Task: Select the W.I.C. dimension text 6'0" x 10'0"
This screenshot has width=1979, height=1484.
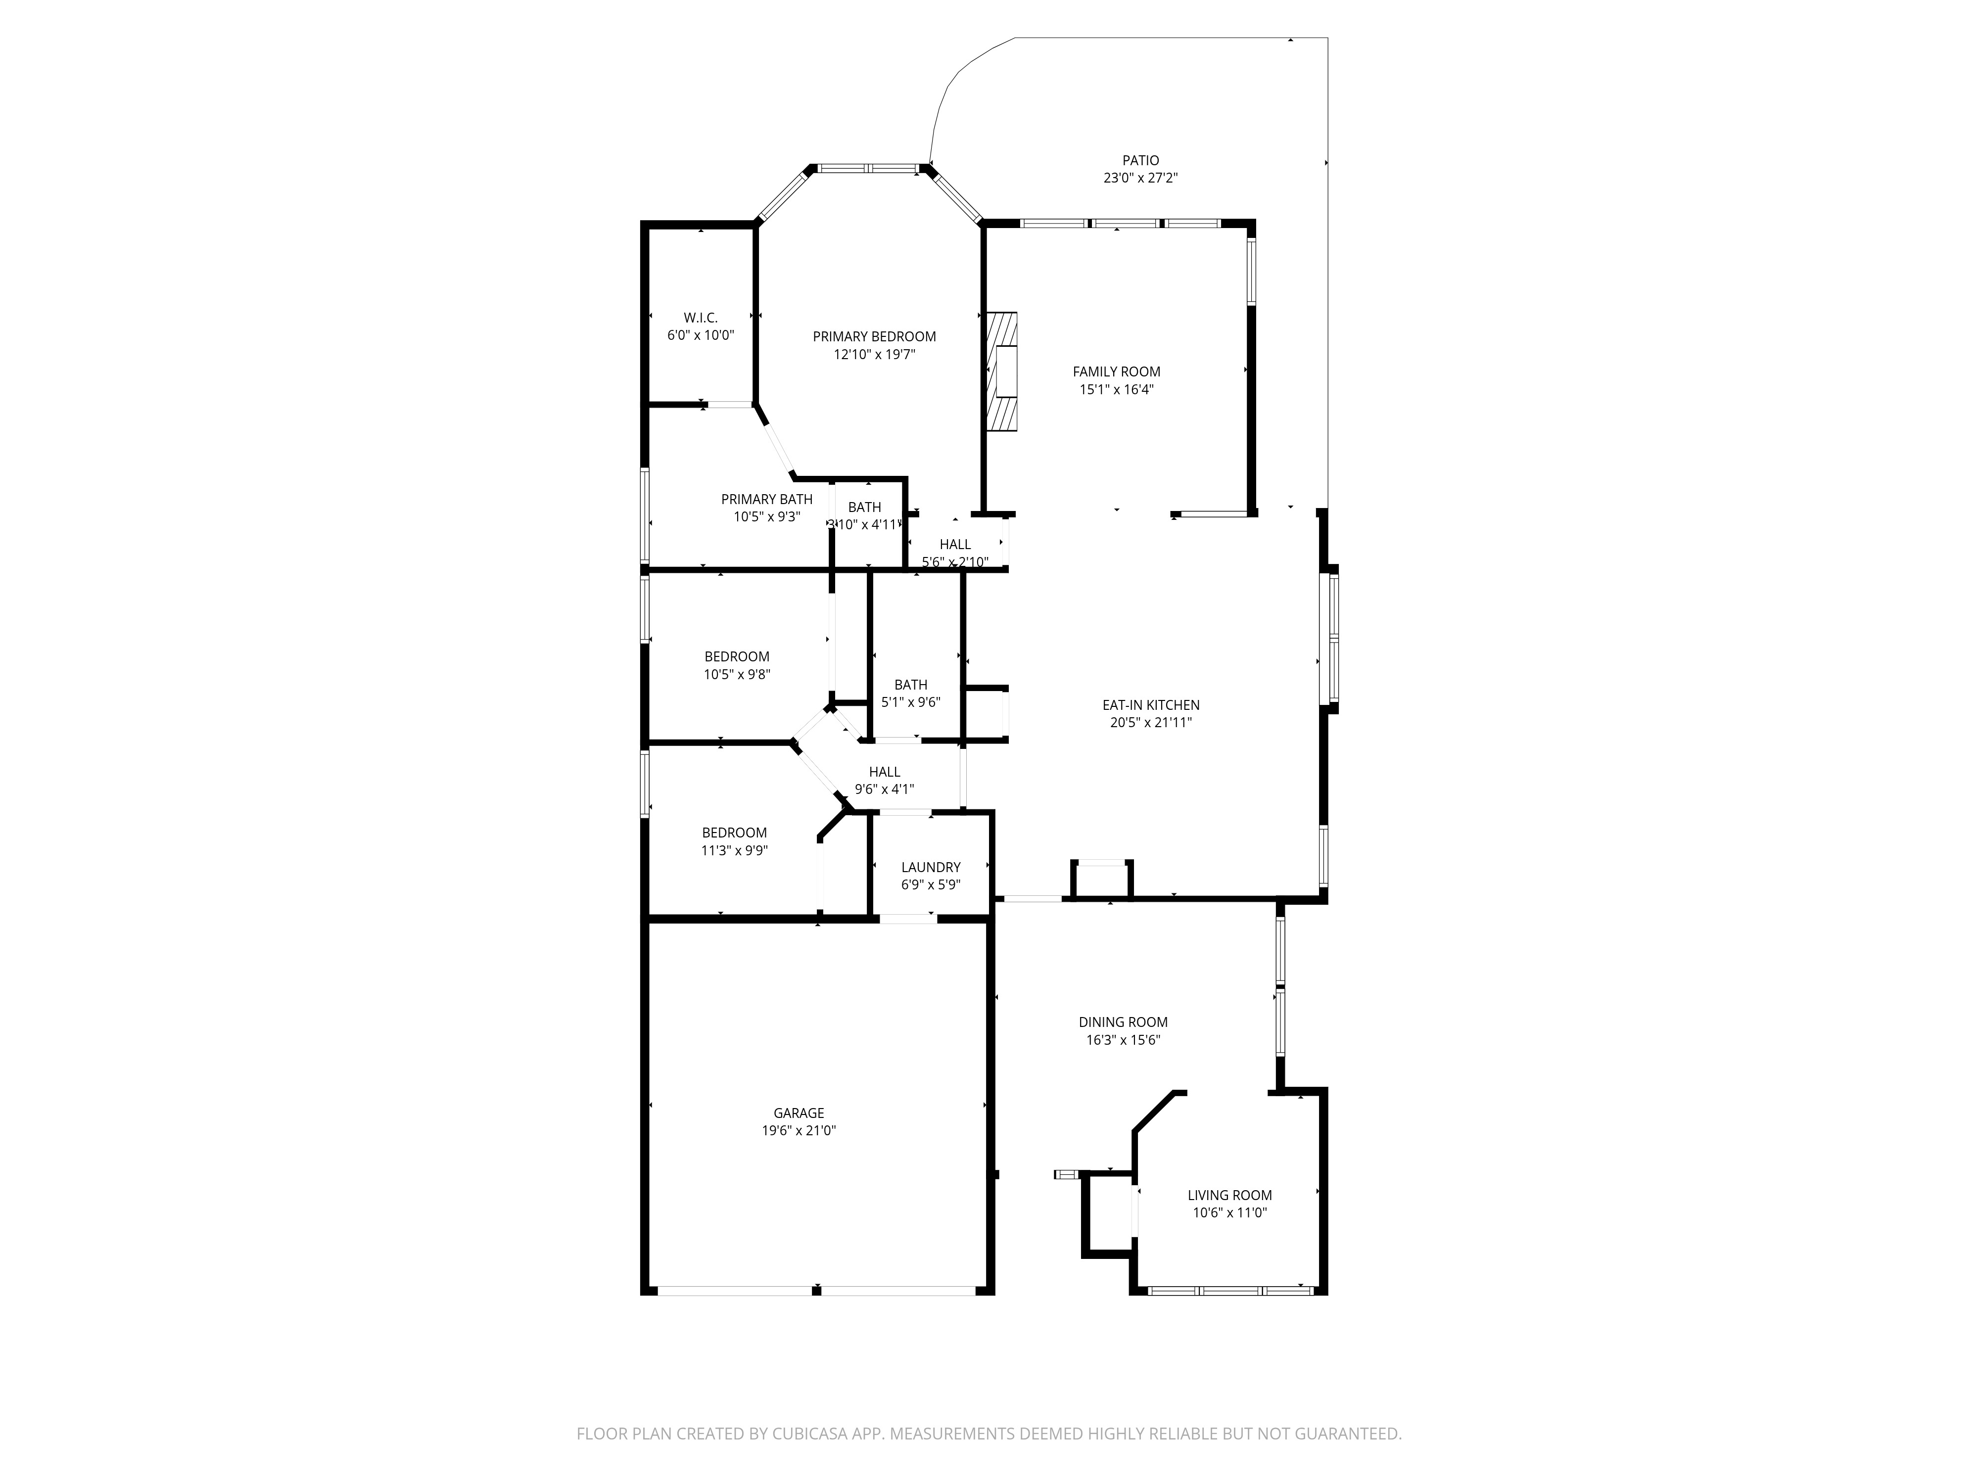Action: [x=701, y=335]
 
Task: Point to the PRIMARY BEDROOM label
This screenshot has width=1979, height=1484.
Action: [x=874, y=336]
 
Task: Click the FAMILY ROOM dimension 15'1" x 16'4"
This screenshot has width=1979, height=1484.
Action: [x=1117, y=389]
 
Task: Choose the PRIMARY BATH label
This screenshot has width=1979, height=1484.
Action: [x=767, y=499]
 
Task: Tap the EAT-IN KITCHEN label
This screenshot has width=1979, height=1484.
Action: [x=1150, y=705]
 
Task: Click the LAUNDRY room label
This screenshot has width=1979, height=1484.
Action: [x=931, y=867]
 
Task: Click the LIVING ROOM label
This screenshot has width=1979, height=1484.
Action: [x=1229, y=1195]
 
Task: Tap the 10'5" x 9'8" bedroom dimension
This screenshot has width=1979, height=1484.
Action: [x=736, y=674]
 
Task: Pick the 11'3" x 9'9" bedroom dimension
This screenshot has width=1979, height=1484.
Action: [x=734, y=851]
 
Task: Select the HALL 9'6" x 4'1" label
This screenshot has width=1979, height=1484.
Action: [x=884, y=772]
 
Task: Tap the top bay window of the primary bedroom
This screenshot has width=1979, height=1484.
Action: [x=868, y=167]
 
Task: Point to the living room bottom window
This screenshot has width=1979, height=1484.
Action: [x=1229, y=1290]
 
